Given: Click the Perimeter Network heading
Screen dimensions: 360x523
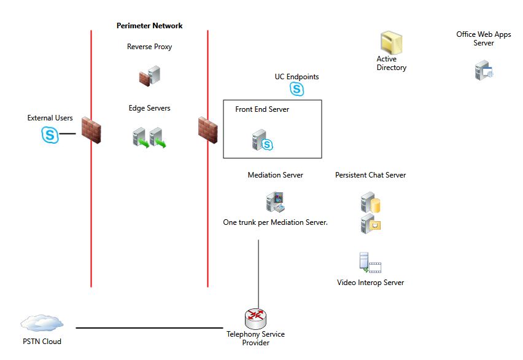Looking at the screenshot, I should (x=149, y=26).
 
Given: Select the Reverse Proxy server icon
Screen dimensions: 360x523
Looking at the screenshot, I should (x=149, y=76).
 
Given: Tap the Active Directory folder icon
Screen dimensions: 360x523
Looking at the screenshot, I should (x=391, y=44).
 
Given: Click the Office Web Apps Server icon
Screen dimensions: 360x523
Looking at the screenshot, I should (x=484, y=71).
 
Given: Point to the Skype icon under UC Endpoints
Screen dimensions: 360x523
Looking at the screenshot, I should (x=297, y=89).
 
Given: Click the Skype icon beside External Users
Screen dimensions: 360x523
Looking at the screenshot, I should (x=50, y=134).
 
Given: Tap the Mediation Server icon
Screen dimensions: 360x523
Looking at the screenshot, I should (x=275, y=202).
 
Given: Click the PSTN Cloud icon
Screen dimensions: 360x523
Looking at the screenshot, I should (x=42, y=323).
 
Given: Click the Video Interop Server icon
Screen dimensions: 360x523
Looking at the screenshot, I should (x=370, y=263).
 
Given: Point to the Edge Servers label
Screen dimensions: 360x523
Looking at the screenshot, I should (x=149, y=108).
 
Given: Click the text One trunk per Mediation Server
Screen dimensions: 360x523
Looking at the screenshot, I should (x=275, y=222).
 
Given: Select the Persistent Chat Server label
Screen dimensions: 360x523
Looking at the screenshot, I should (x=370, y=175).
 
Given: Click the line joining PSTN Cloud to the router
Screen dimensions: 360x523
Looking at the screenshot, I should (x=147, y=327).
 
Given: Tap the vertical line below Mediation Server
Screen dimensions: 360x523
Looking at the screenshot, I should (x=258, y=270).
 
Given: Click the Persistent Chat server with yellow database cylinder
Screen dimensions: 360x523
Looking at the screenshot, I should (x=371, y=202).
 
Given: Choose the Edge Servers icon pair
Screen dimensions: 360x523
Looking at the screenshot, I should (x=150, y=137).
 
